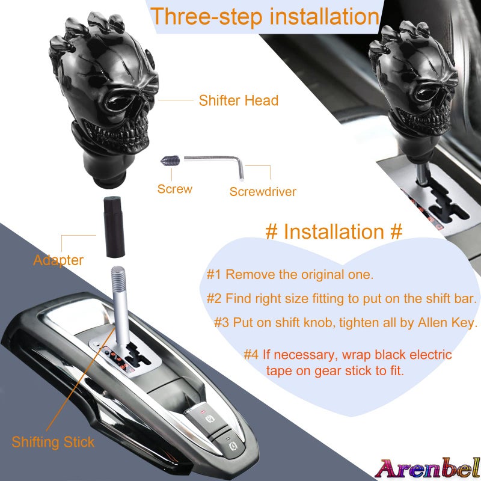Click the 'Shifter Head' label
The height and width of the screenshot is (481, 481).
(239, 100)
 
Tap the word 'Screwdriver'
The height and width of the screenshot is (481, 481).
(263, 192)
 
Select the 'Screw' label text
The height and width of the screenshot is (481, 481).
(175, 189)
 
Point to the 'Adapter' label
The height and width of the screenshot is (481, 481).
(58, 260)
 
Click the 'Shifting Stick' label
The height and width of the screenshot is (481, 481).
(53, 443)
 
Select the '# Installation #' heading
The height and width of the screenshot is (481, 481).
(334, 231)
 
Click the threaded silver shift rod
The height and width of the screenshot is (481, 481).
(119, 301)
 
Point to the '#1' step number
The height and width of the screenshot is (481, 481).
(214, 275)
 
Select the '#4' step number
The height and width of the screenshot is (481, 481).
(251, 355)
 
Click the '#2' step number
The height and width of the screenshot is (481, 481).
(214, 298)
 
